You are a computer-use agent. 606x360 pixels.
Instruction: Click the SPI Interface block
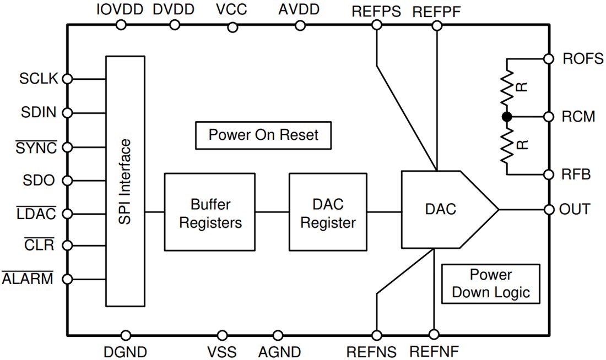pyautogui.click(x=125, y=181)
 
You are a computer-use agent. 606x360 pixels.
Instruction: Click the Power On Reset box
pyautogui.click(x=263, y=135)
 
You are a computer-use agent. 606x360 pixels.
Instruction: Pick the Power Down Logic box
pyautogui.click(x=490, y=284)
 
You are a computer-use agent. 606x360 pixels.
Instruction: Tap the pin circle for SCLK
pyautogui.click(x=68, y=79)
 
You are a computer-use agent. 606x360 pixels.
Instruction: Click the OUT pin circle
pyautogui.click(x=548, y=210)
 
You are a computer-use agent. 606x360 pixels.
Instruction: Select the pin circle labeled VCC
pyautogui.click(x=232, y=26)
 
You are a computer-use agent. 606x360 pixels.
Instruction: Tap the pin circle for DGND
pyautogui.click(x=126, y=335)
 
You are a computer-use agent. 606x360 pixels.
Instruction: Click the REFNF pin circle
pyautogui.click(x=434, y=335)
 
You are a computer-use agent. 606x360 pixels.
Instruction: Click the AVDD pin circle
pyautogui.click(x=300, y=25)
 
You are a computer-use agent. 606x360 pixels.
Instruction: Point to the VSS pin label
pyautogui.click(x=221, y=351)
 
